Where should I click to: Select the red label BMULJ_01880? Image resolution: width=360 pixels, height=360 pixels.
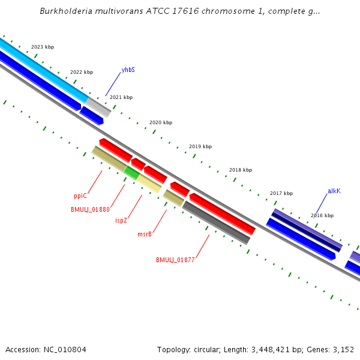[90, 209]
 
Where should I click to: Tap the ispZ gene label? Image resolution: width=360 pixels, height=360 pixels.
[121, 220]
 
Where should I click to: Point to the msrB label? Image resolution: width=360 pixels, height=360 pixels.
[145, 234]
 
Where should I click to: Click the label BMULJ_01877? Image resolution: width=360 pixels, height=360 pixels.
[175, 260]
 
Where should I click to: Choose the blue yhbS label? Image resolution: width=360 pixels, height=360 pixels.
[128, 70]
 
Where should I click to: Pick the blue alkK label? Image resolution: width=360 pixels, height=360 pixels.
[334, 191]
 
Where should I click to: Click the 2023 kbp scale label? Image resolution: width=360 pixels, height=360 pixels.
[43, 47]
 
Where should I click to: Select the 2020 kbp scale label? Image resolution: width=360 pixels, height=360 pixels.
[161, 122]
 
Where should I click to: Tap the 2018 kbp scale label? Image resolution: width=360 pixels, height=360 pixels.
[240, 170]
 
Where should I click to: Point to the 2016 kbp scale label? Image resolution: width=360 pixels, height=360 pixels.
[322, 215]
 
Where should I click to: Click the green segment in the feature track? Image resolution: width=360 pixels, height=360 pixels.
[131, 172]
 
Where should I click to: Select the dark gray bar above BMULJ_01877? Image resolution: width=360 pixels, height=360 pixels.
[216, 223]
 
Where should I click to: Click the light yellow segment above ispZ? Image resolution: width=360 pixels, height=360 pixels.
[149, 182]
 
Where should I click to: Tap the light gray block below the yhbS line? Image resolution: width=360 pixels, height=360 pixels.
[98, 107]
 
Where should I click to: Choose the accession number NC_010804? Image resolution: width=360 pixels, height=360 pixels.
[64, 349]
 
